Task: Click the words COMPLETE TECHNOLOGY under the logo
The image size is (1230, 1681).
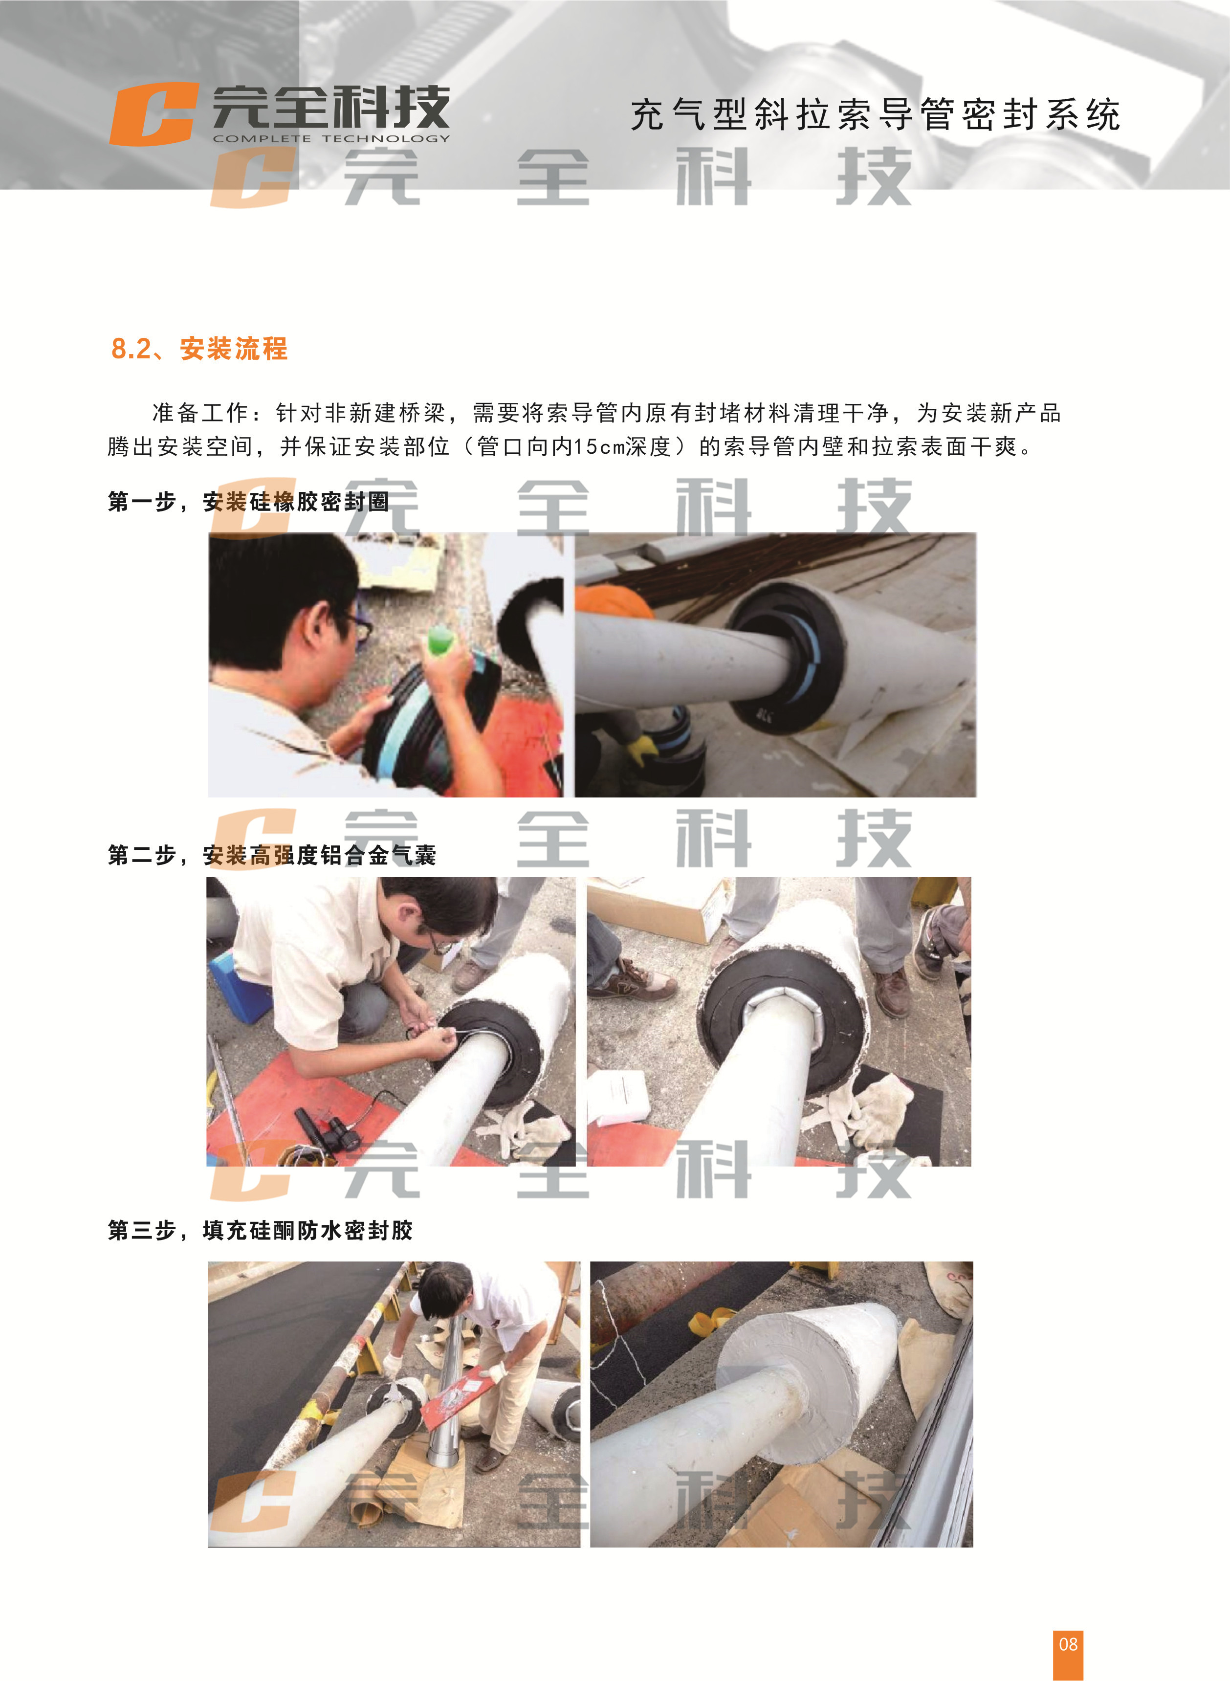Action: pyautogui.click(x=331, y=138)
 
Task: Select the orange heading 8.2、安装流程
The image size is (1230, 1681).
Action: pyautogui.click(x=199, y=349)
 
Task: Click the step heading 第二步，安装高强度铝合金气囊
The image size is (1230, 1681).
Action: pyautogui.click(x=272, y=855)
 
